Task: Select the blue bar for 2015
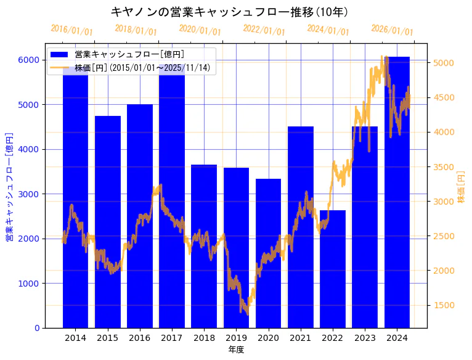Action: [108, 222]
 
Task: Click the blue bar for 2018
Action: [204, 247]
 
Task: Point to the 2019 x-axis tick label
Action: [236, 338]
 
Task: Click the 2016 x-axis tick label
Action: [140, 338]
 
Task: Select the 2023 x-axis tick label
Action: [365, 338]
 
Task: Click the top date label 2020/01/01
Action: [200, 30]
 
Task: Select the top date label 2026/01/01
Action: [392, 30]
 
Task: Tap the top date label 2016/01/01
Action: [71, 30]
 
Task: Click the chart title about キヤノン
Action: [229, 12]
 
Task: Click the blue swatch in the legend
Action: [60, 55]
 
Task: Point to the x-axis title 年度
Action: [236, 350]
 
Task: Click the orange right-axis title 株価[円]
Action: [461, 188]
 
